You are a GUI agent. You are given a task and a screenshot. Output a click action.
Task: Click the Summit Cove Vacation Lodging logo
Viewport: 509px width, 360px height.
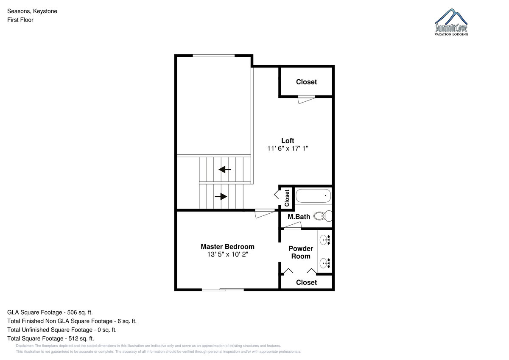point(451,22)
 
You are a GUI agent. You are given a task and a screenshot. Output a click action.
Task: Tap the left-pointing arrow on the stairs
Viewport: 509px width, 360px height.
point(225,170)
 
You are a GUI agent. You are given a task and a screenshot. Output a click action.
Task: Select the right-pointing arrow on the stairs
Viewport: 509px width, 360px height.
point(221,196)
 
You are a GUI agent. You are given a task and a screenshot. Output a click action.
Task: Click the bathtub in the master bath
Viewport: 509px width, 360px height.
point(313,196)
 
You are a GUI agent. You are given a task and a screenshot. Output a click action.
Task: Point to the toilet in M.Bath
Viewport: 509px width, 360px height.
point(323,216)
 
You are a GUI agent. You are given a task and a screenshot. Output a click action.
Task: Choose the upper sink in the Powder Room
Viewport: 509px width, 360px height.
point(325,240)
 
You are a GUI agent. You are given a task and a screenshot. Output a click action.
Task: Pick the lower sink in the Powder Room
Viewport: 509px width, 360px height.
point(325,263)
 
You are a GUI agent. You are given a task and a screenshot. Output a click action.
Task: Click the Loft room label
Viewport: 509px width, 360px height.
point(288,141)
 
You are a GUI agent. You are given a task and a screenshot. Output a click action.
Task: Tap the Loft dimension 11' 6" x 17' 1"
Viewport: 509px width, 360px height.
point(288,148)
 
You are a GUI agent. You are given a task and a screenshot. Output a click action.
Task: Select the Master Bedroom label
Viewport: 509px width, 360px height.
point(227,247)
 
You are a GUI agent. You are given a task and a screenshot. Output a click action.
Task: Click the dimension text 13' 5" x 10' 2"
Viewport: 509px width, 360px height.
point(227,254)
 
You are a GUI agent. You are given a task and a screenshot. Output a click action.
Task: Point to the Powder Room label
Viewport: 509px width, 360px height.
point(301,252)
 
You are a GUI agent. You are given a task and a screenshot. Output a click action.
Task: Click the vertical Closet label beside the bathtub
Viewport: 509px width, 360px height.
point(287,198)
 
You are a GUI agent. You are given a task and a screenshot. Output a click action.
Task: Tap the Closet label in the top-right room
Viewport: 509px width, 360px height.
point(306,82)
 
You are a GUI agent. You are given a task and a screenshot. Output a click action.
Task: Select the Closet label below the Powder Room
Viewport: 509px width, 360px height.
point(306,282)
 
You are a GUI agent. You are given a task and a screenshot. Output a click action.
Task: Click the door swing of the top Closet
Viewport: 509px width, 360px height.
point(307,100)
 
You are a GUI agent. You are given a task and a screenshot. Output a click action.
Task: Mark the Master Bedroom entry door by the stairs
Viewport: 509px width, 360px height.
point(265,214)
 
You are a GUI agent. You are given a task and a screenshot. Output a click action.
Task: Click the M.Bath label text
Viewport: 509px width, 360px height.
point(299,217)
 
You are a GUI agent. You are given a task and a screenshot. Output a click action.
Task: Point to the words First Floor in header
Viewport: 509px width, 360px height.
point(20,20)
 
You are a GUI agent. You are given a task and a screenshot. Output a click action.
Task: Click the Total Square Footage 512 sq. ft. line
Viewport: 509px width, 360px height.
point(50,339)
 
